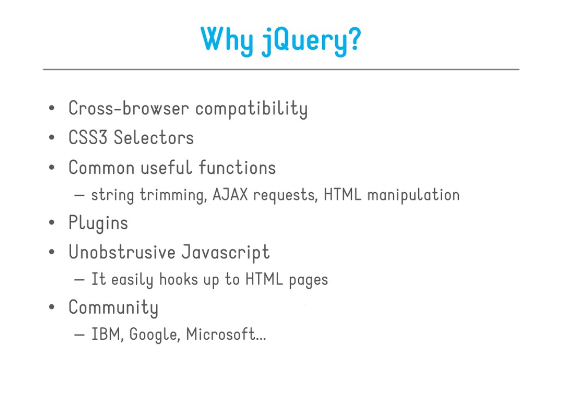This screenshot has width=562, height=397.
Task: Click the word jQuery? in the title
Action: (311, 41)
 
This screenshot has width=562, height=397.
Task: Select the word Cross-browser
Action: (129, 108)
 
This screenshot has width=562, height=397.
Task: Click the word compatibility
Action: (251, 109)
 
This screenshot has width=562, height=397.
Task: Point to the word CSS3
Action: (88, 137)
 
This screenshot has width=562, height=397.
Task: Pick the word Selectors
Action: (154, 137)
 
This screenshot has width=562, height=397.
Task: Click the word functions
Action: (237, 167)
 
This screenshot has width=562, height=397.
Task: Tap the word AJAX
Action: (230, 195)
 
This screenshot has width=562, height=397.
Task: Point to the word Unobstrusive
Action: (122, 252)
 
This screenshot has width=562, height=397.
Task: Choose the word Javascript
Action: (226, 253)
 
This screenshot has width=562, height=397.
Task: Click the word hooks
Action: (179, 279)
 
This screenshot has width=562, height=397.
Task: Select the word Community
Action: (113, 308)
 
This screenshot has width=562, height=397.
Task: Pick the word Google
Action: (153, 335)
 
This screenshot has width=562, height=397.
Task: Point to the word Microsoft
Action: (221, 334)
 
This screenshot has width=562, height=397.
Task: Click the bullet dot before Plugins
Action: (52, 222)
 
